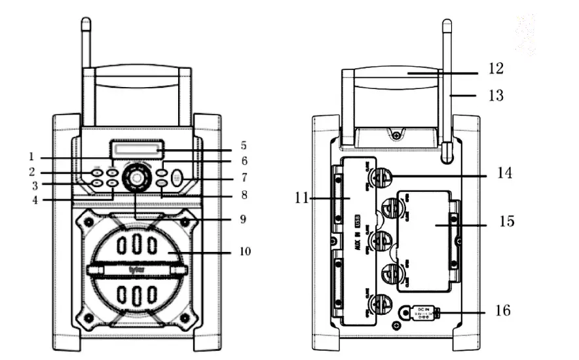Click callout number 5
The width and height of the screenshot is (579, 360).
(242, 145)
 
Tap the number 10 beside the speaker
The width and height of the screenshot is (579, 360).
(244, 250)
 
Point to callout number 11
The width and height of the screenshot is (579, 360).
(303, 197)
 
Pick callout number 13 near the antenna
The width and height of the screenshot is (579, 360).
(496, 96)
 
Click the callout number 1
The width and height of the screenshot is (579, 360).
(31, 156)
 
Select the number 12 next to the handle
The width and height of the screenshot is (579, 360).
(496, 67)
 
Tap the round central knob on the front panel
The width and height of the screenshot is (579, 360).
(136, 177)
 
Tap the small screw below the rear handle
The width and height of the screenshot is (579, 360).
(396, 135)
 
